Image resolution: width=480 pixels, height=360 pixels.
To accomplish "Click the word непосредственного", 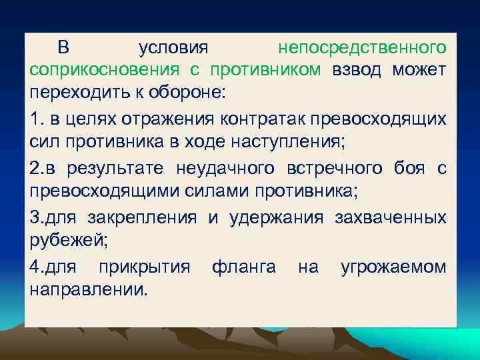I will tap(362, 48).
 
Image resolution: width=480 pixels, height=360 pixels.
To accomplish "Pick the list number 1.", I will tap(36, 119).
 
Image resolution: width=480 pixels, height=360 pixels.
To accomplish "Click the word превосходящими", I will tap(105, 190).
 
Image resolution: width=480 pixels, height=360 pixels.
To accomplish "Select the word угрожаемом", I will tap(393, 267).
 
